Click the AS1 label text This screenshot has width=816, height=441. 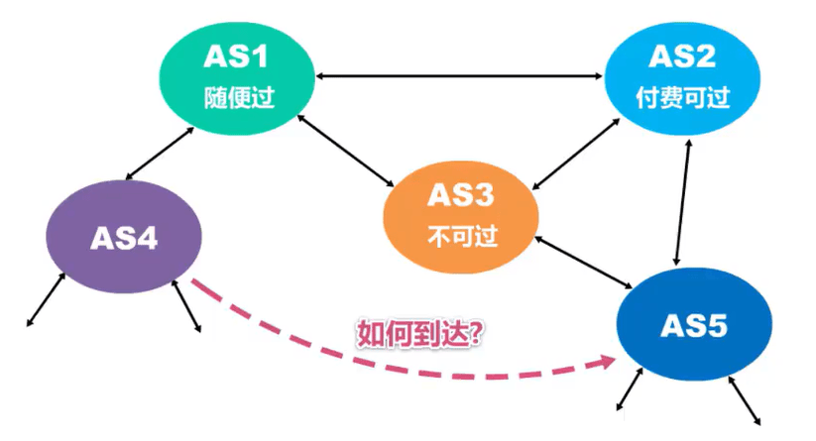[x=236, y=56]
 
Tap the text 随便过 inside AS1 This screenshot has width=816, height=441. [x=239, y=97]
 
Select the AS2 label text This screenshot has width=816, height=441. [x=682, y=56]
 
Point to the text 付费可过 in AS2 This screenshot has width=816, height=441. [x=683, y=97]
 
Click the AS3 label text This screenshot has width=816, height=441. [x=461, y=195]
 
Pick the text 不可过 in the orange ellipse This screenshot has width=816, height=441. [x=463, y=237]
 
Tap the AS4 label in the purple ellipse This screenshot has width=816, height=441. [x=124, y=239]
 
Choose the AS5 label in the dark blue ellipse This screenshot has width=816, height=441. [x=694, y=326]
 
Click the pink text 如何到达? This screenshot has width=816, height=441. [x=420, y=334]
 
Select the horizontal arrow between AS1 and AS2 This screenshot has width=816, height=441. [x=459, y=76]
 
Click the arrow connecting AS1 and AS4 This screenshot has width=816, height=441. [x=160, y=154]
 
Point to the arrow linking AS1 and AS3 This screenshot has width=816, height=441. [x=346, y=151]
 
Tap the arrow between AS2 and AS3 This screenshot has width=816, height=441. [x=576, y=154]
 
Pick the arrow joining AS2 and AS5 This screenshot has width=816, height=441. [x=683, y=202]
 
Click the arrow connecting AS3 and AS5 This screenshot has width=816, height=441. [x=583, y=262]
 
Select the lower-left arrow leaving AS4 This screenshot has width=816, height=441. [x=47, y=300]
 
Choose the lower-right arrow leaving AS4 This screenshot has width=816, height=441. [x=186, y=306]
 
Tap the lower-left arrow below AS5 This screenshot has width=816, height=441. [x=630, y=389]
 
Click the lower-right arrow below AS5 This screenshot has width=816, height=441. [x=745, y=401]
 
